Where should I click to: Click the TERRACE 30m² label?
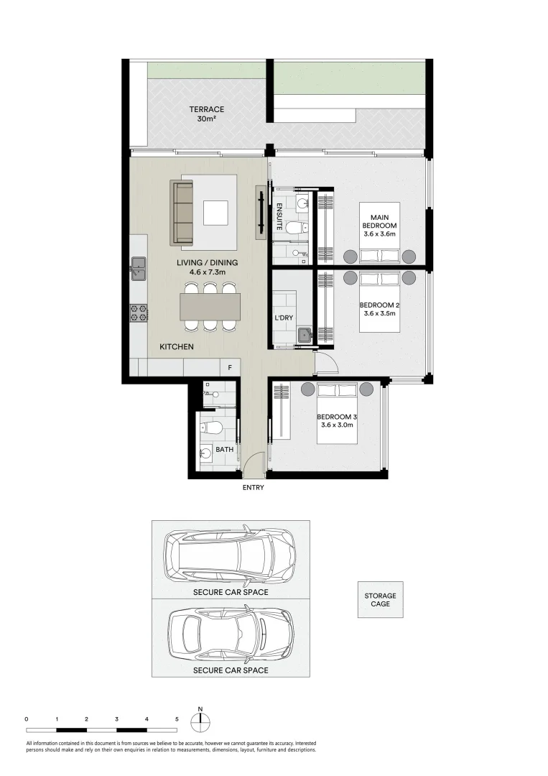tap(206, 114)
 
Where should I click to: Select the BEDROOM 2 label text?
tap(379, 309)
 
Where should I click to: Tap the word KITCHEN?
tap(177, 347)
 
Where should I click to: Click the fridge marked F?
tap(230, 368)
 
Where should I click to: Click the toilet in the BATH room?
tap(211, 429)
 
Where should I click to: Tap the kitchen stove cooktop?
tap(138, 313)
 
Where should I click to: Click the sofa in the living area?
tap(182, 213)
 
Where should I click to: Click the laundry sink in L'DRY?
tap(303, 334)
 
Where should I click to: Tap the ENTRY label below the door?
tap(254, 487)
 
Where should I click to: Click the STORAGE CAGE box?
tap(380, 600)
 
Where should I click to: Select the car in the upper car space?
tap(230, 555)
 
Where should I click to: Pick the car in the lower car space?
tap(230, 634)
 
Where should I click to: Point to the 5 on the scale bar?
tap(176, 719)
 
